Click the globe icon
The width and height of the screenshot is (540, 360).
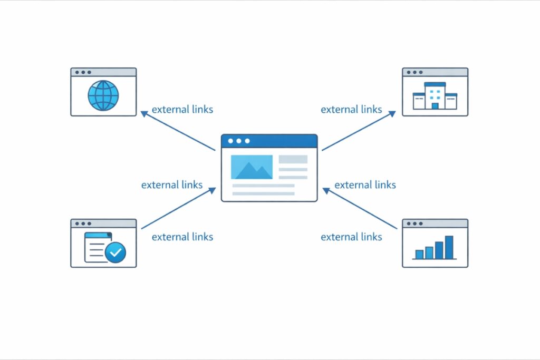click(103, 95)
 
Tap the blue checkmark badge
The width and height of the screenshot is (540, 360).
click(115, 252)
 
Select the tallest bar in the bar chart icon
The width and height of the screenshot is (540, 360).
click(449, 247)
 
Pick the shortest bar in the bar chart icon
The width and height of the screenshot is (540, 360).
click(419, 254)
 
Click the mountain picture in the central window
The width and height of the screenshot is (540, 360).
click(252, 167)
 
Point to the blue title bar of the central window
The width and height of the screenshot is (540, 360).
click(269, 141)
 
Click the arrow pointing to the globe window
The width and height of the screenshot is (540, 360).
click(178, 131)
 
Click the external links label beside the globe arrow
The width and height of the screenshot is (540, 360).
click(182, 110)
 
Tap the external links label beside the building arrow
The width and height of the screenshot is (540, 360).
click(351, 110)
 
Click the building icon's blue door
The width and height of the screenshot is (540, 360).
click(435, 106)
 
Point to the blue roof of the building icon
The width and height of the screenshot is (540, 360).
click(435, 85)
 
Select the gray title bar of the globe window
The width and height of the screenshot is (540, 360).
click(103, 72)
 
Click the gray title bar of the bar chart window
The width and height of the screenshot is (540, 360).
click(435, 223)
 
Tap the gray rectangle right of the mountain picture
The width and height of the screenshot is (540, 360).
click(293, 159)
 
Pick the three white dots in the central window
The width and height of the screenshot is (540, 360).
click(238, 141)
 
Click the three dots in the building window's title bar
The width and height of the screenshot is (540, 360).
click(414, 72)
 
